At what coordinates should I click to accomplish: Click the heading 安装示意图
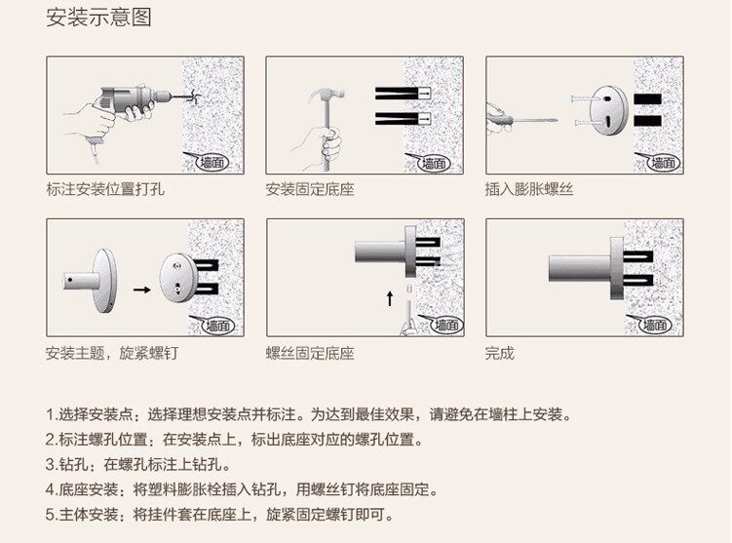(x=98, y=19)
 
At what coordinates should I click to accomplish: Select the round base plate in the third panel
(x=611, y=110)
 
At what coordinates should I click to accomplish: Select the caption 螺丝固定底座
(x=310, y=353)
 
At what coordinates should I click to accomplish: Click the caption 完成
(x=499, y=353)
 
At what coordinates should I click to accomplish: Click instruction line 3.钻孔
(x=136, y=464)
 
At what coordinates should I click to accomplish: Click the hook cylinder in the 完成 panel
(x=580, y=267)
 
